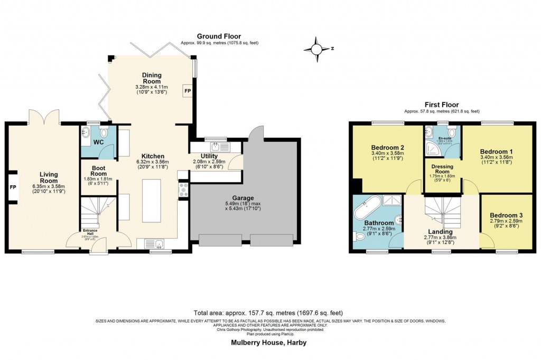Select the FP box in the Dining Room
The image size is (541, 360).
[187, 91]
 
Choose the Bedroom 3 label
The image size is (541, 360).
[506, 215]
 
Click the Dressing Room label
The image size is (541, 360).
[442, 169]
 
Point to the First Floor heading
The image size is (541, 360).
[441, 105]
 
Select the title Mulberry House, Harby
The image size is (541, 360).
[268, 343]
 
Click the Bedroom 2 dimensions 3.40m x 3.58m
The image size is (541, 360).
[387, 154]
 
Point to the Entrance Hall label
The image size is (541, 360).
[89, 231]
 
